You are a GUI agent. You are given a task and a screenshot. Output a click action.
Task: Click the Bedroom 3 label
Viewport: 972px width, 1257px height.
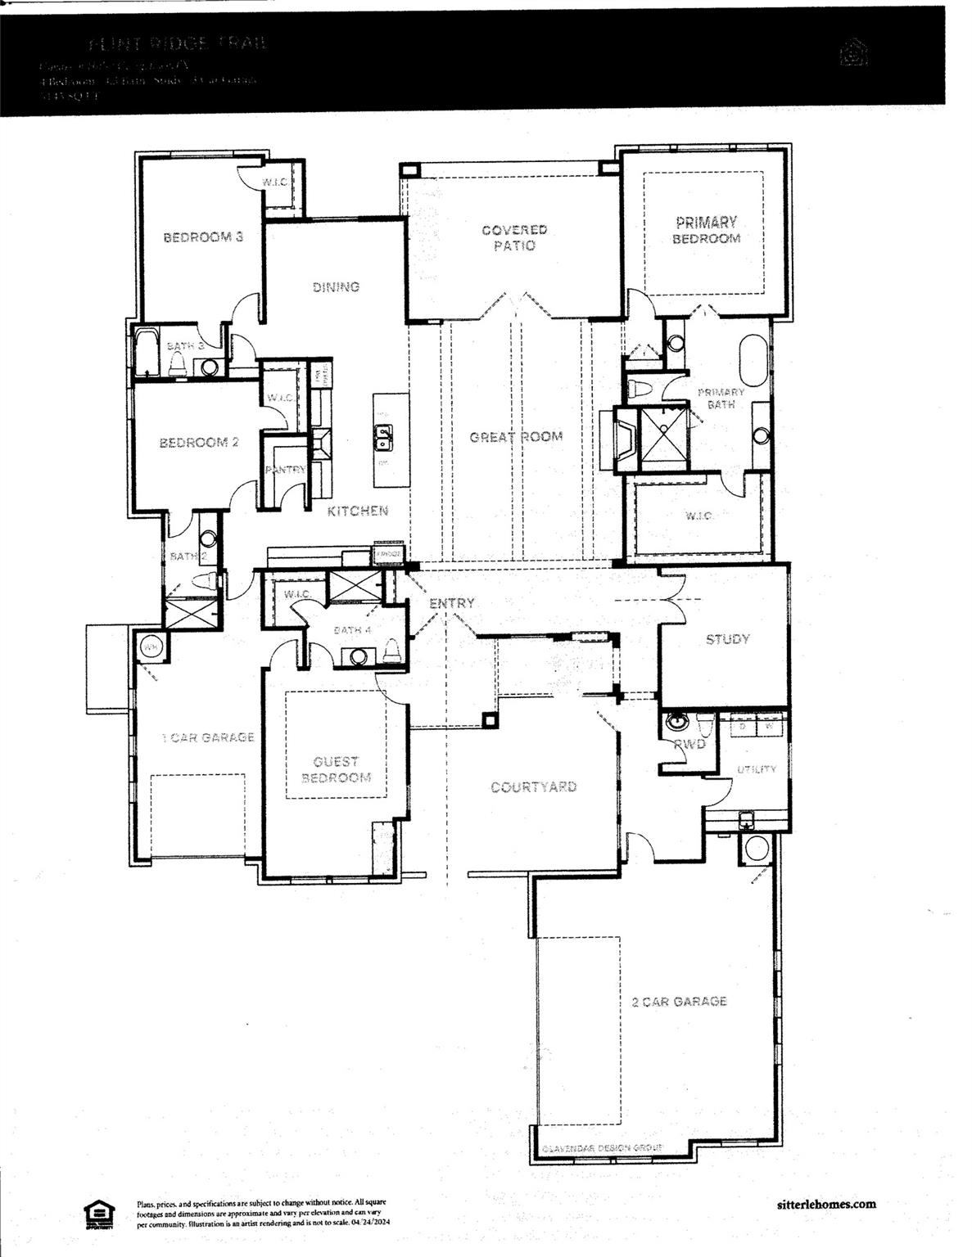pos(203,238)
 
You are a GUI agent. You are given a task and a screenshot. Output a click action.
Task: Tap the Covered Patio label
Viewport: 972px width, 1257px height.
pos(514,238)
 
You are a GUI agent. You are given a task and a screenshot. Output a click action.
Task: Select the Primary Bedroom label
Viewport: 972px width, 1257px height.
pos(706,230)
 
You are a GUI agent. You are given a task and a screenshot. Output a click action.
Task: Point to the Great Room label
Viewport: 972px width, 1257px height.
pos(516,437)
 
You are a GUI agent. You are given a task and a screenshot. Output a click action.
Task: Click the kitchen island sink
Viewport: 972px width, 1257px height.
pos(382,438)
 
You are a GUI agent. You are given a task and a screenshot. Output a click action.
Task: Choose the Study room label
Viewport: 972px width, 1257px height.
pos(727,639)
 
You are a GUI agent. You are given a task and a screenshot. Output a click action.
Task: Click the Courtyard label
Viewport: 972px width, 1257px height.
pos(533,787)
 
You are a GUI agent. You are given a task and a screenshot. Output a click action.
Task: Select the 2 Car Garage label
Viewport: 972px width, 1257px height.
pos(679,1002)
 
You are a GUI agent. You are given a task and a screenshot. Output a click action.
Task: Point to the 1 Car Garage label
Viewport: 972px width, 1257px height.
pos(208,737)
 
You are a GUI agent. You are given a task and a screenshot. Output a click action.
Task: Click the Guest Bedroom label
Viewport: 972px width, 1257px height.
pos(336,769)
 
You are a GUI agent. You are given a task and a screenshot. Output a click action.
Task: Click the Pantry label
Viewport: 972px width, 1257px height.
pos(285,470)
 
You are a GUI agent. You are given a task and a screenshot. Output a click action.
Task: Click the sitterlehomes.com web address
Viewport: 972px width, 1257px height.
pos(825,1204)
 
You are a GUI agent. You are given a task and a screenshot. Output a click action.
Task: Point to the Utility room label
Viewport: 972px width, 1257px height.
pos(757,769)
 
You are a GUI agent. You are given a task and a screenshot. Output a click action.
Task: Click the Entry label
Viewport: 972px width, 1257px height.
pos(451,603)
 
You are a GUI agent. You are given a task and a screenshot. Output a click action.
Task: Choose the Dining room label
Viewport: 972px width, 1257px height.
pos(336,287)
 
